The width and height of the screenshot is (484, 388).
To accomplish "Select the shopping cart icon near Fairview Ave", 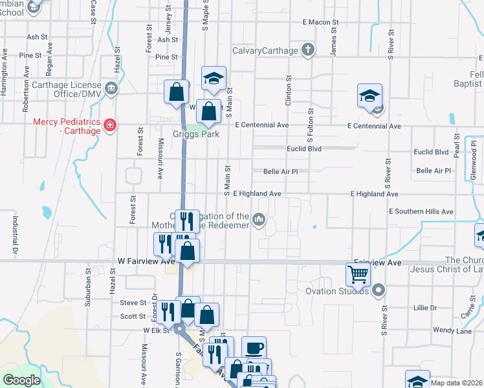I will click(357, 274).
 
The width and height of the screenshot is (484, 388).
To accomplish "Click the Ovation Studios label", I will click(337, 290).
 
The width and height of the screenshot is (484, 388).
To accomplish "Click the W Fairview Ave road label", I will click(146, 261).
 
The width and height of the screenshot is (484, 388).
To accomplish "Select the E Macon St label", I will click(320, 23).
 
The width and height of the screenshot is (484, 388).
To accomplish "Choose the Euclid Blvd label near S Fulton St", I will click(305, 148).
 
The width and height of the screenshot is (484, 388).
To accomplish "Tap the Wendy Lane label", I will click(452, 330).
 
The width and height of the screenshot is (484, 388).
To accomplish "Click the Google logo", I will click(21, 380).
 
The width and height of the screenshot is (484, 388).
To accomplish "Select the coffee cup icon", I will click(254, 348).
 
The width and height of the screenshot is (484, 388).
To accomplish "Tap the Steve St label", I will click(133, 302).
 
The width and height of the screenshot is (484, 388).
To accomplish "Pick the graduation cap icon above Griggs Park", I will click(214, 78).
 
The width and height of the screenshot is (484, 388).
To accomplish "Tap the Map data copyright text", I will click(457, 383).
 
